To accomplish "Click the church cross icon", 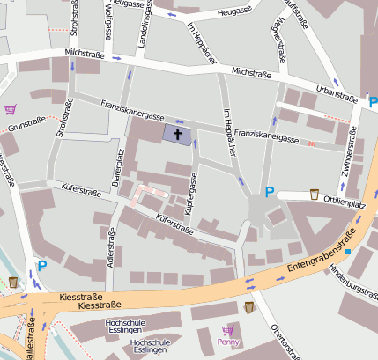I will tap(178, 135).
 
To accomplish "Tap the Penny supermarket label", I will tap(228, 342).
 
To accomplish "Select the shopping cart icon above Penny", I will tap(228, 330).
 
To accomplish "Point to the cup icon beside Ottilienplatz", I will tap(315, 194).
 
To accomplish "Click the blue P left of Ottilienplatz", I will tap(270, 193).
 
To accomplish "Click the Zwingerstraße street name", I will tap(349, 154).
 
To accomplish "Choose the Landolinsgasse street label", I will tap(141, 19).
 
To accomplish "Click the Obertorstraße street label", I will tap(287, 342).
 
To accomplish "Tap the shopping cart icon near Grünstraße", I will tap(11, 109).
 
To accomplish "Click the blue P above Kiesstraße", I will tap(41, 265).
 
